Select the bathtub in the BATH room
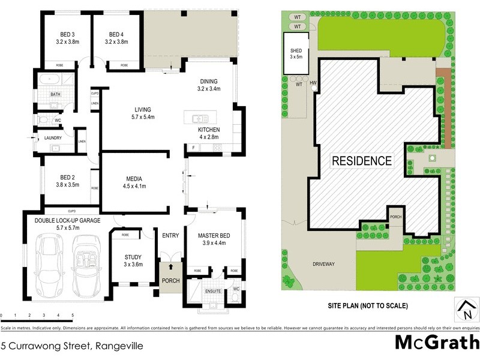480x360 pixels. point(47,79)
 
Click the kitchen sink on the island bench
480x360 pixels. point(197,116)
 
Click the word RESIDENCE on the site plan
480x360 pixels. point(362,161)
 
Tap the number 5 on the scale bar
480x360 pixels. point(73,315)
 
